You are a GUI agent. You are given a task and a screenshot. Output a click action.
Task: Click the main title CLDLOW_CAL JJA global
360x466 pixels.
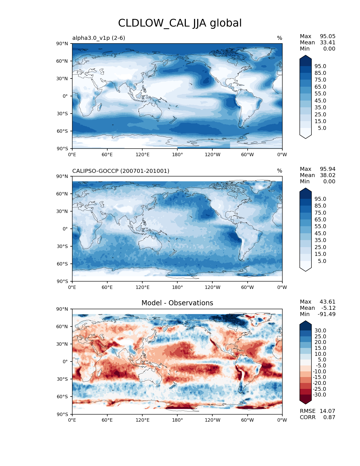pyautogui.click(x=180, y=23)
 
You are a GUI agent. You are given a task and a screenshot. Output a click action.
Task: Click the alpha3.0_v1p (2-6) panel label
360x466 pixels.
pyautogui.click(x=99, y=38)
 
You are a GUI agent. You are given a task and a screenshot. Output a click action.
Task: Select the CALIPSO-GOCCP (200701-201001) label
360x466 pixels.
pyautogui.click(x=121, y=171)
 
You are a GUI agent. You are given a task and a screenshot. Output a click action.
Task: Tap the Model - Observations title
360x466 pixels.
pyautogui.click(x=177, y=303)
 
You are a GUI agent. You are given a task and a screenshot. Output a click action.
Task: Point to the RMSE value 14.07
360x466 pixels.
pyautogui.click(x=327, y=411)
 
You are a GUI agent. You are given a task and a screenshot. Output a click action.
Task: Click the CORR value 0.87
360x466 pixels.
pyautogui.click(x=329, y=417)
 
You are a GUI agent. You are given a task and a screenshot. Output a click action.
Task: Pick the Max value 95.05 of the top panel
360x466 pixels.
pyautogui.click(x=328, y=36)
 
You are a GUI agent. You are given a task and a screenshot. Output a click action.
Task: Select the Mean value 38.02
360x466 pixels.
pyautogui.click(x=328, y=175)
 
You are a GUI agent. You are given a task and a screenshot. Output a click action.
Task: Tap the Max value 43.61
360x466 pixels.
pyautogui.click(x=328, y=302)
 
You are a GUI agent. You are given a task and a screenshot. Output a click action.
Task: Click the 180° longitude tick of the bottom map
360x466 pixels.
pyautogui.click(x=177, y=420)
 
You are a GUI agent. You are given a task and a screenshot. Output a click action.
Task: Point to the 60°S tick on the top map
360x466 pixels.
pyautogui.click(x=63, y=131)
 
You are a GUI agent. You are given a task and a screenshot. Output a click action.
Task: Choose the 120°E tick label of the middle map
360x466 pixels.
pyautogui.click(x=142, y=287)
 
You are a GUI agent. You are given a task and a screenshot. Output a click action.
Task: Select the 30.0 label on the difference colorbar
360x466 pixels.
pyautogui.click(x=320, y=330)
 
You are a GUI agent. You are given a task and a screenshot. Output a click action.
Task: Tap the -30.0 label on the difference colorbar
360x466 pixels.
pyautogui.click(x=320, y=395)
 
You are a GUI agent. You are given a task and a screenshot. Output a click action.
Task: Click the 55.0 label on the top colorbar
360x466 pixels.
pyautogui.click(x=320, y=93)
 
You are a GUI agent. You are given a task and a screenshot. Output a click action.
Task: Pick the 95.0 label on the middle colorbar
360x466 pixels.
pyautogui.click(x=320, y=199)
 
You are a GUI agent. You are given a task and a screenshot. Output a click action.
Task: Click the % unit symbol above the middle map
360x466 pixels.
pyautogui.click(x=280, y=171)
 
